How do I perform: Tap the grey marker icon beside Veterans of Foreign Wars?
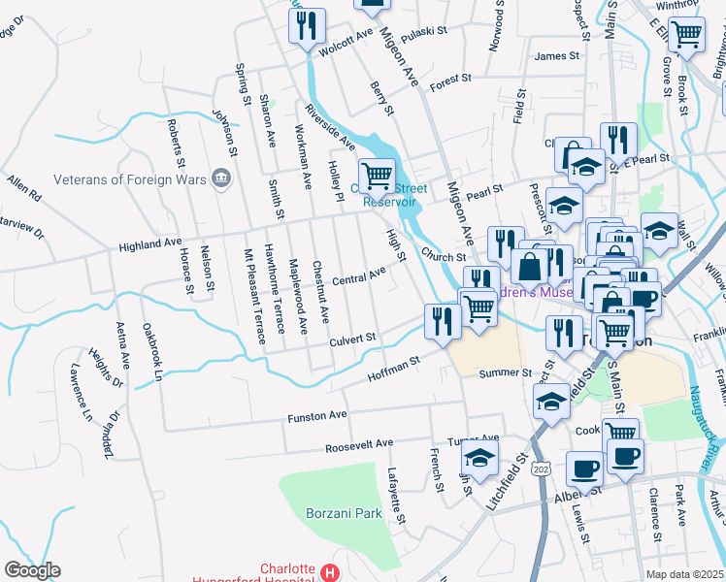click(x=221, y=178)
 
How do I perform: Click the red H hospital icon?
click(x=331, y=572)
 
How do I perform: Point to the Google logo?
click(x=32, y=570)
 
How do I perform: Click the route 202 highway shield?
click(x=540, y=468)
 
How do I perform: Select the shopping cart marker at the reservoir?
click(x=377, y=176)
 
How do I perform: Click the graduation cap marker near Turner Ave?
click(x=479, y=458)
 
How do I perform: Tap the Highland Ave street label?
click(x=150, y=246)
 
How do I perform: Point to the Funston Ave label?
click(x=316, y=416)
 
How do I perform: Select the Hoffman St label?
click(x=393, y=367)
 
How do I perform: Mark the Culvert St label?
click(x=351, y=339)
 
